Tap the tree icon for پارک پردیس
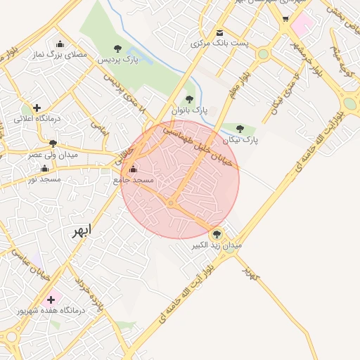click(x=117, y=49)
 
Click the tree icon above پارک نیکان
click(x=240, y=129)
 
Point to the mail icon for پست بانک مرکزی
click(x=219, y=32)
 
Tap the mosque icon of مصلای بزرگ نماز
click(x=60, y=43)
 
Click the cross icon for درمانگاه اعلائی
click(x=37, y=108)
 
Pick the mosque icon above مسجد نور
click(x=45, y=168)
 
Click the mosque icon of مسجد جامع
click(x=133, y=169)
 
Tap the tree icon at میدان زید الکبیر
click(x=216, y=234)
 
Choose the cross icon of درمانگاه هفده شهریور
click(x=51, y=299)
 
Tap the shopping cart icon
click(x=285, y=19)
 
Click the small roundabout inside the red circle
click(x=171, y=203)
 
